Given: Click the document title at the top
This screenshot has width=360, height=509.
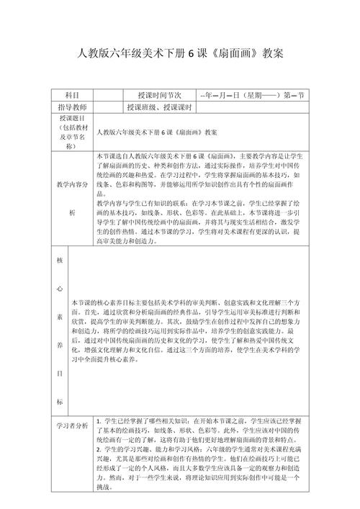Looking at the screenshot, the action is pos(180,54).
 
